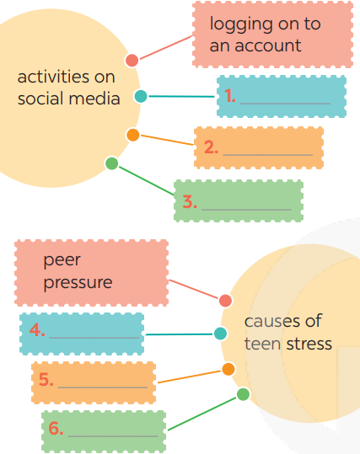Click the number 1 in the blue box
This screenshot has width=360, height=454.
(229, 95)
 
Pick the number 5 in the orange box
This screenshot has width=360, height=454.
(45, 379)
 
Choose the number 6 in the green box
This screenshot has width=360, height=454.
(55, 428)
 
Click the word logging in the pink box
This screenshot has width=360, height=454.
(241, 25)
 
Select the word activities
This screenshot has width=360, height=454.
(53, 77)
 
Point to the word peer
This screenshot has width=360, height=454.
(62, 260)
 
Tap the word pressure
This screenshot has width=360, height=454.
(78, 283)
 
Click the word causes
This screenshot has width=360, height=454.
(268, 322)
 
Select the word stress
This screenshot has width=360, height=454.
(309, 344)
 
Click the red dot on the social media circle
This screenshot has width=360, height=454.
(132, 61)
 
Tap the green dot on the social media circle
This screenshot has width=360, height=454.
(111, 163)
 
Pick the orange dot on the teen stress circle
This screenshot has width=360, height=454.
(228, 369)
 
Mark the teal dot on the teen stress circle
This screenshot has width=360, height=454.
(221, 334)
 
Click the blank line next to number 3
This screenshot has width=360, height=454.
(246, 210)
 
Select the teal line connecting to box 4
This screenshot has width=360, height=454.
(179, 334)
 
